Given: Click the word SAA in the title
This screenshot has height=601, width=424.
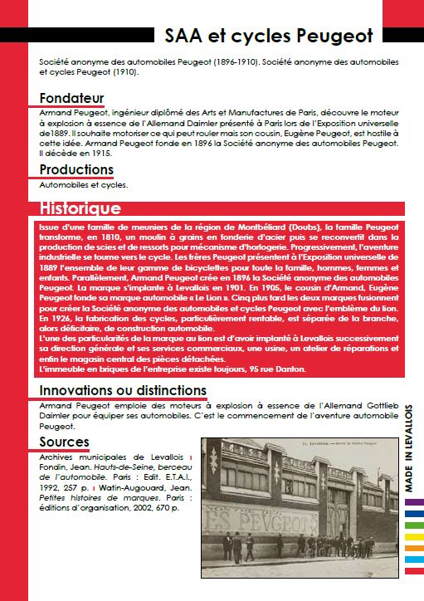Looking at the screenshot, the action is pyautogui.click(x=185, y=35).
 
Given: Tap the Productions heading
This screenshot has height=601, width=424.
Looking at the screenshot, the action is pyautogui.click(x=76, y=170).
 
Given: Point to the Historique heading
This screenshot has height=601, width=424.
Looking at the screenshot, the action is pyautogui.click(x=80, y=209).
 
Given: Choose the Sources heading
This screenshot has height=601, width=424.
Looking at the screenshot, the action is pyautogui.click(x=64, y=442).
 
